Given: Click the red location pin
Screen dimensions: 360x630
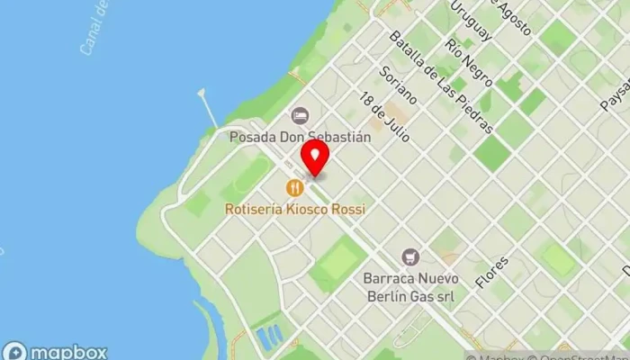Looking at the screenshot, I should click(x=314, y=157).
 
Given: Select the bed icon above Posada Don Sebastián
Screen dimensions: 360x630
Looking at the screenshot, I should click(x=299, y=115).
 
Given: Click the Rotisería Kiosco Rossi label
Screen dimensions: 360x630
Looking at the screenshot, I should click(x=294, y=209).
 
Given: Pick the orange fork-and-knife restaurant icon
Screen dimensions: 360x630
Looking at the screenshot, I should click(x=293, y=188).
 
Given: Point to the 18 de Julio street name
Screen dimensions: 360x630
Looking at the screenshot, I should click(x=384, y=117).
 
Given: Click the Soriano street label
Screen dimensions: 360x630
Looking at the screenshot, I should click(x=400, y=85).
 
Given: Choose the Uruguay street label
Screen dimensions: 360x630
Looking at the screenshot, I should click(x=472, y=20).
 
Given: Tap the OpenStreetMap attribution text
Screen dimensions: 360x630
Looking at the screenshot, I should click(x=589, y=355).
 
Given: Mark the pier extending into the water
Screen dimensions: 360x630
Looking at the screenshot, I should click(x=209, y=107).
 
